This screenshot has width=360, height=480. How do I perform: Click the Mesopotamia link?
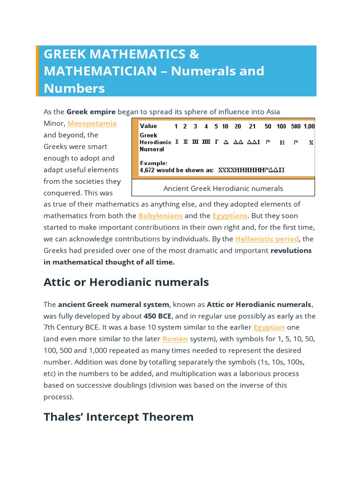point(92,124)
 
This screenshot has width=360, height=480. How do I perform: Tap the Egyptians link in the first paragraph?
point(230,216)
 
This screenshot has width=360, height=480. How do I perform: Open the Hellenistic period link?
point(267,239)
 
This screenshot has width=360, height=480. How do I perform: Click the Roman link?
point(175,339)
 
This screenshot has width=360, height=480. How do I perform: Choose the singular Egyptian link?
point(269,327)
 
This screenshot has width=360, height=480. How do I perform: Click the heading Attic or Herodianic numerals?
point(126,282)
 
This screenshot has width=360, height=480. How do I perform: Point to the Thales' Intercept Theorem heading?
point(119,417)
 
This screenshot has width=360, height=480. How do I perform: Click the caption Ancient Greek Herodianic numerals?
point(223,188)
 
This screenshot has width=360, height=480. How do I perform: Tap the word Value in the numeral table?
point(148,126)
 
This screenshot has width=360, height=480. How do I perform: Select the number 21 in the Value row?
point(253,127)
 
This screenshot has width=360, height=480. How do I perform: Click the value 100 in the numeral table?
point(281,127)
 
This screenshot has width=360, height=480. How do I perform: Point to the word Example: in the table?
point(153,163)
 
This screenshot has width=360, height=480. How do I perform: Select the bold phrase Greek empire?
point(91,112)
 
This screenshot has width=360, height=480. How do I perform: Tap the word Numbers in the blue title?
point(74,88)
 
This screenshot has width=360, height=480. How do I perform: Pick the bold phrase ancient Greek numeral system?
point(113,304)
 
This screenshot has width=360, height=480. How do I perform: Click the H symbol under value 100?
point(282,142)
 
